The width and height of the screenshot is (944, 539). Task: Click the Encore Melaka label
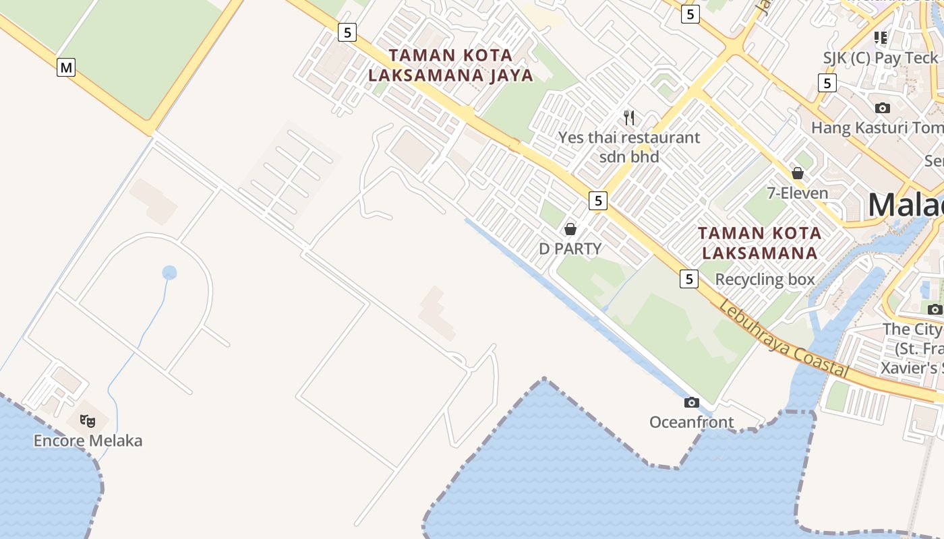(x=88, y=441)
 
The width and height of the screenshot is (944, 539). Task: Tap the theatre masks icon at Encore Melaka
(x=87, y=421)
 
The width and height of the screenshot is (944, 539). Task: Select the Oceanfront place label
(x=691, y=422)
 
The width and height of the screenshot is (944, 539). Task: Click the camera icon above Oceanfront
(x=691, y=402)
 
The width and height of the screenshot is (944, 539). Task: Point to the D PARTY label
(x=570, y=249)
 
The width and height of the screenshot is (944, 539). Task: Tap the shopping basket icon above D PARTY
(x=570, y=229)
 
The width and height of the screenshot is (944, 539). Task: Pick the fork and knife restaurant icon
(x=629, y=118)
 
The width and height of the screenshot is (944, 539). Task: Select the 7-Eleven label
(x=798, y=193)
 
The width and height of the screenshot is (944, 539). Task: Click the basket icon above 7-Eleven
(x=798, y=173)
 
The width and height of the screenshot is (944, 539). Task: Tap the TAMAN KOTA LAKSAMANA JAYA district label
(x=450, y=65)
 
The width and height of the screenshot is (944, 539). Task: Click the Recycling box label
(x=765, y=279)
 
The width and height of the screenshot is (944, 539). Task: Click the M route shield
(x=65, y=67)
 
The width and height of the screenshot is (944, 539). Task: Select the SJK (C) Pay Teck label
(x=880, y=58)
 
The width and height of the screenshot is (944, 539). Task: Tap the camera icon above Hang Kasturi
(x=882, y=108)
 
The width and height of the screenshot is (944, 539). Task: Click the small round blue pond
(x=169, y=272)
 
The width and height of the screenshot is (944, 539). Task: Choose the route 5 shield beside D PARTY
(x=597, y=200)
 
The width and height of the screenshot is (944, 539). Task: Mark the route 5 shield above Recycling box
(x=688, y=278)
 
